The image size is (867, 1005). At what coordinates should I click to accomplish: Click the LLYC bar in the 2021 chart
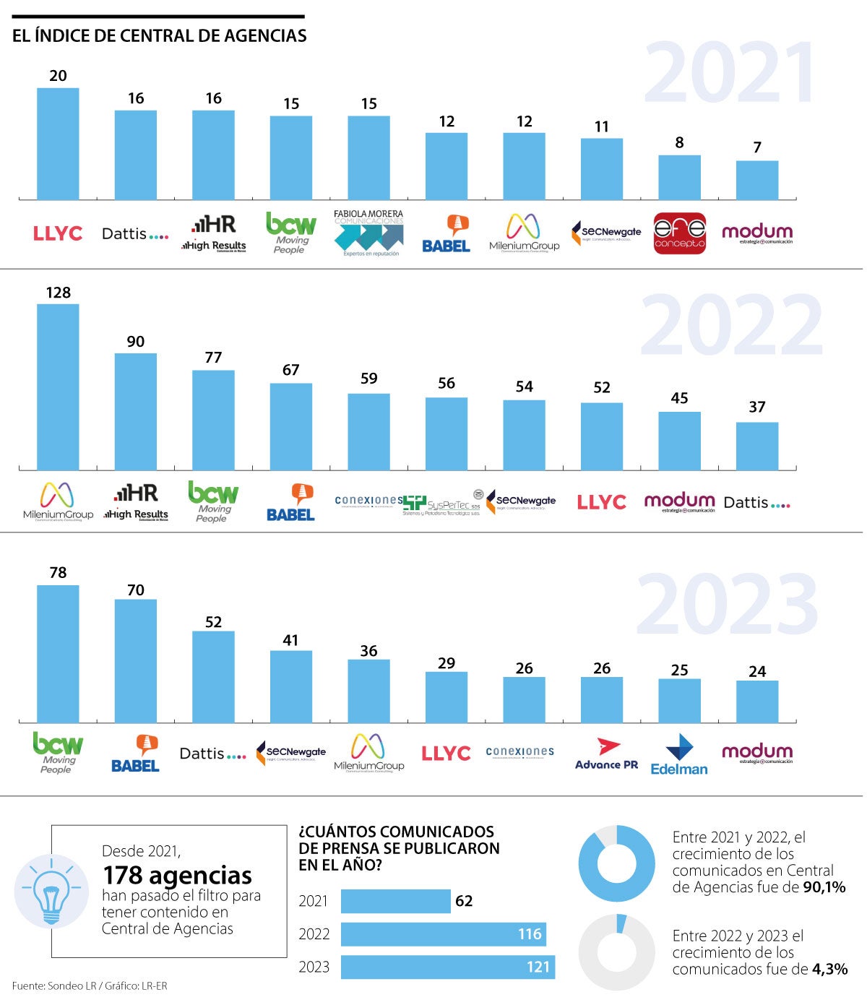pos(58,145)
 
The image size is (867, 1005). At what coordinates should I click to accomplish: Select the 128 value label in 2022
pos(58,293)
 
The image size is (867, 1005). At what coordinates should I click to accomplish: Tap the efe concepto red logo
pos(679,233)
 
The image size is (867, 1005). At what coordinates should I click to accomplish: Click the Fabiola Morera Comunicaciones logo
pos(368,233)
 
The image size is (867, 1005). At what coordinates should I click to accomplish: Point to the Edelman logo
pos(679,756)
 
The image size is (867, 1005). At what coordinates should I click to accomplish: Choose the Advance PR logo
pos(607,754)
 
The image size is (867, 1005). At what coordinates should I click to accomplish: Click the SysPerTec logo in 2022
pos(442,504)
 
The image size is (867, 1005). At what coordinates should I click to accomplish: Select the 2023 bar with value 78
pos(58,654)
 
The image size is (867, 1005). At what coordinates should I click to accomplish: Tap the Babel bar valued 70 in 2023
pos(136,661)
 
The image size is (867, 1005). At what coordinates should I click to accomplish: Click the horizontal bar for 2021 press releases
pos(395,901)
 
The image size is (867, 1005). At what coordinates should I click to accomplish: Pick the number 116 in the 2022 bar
pos(530,934)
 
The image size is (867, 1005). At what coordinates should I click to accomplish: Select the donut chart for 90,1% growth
pos(616,863)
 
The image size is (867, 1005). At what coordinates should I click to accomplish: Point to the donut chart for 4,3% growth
pos(616,952)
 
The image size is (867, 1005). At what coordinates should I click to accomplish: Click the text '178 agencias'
pos(177,875)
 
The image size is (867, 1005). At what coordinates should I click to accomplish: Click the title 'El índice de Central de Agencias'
pos(159,35)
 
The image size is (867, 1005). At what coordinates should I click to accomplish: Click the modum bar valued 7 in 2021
pos(757,181)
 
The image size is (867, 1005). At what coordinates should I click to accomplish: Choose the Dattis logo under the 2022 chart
pos(756,503)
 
